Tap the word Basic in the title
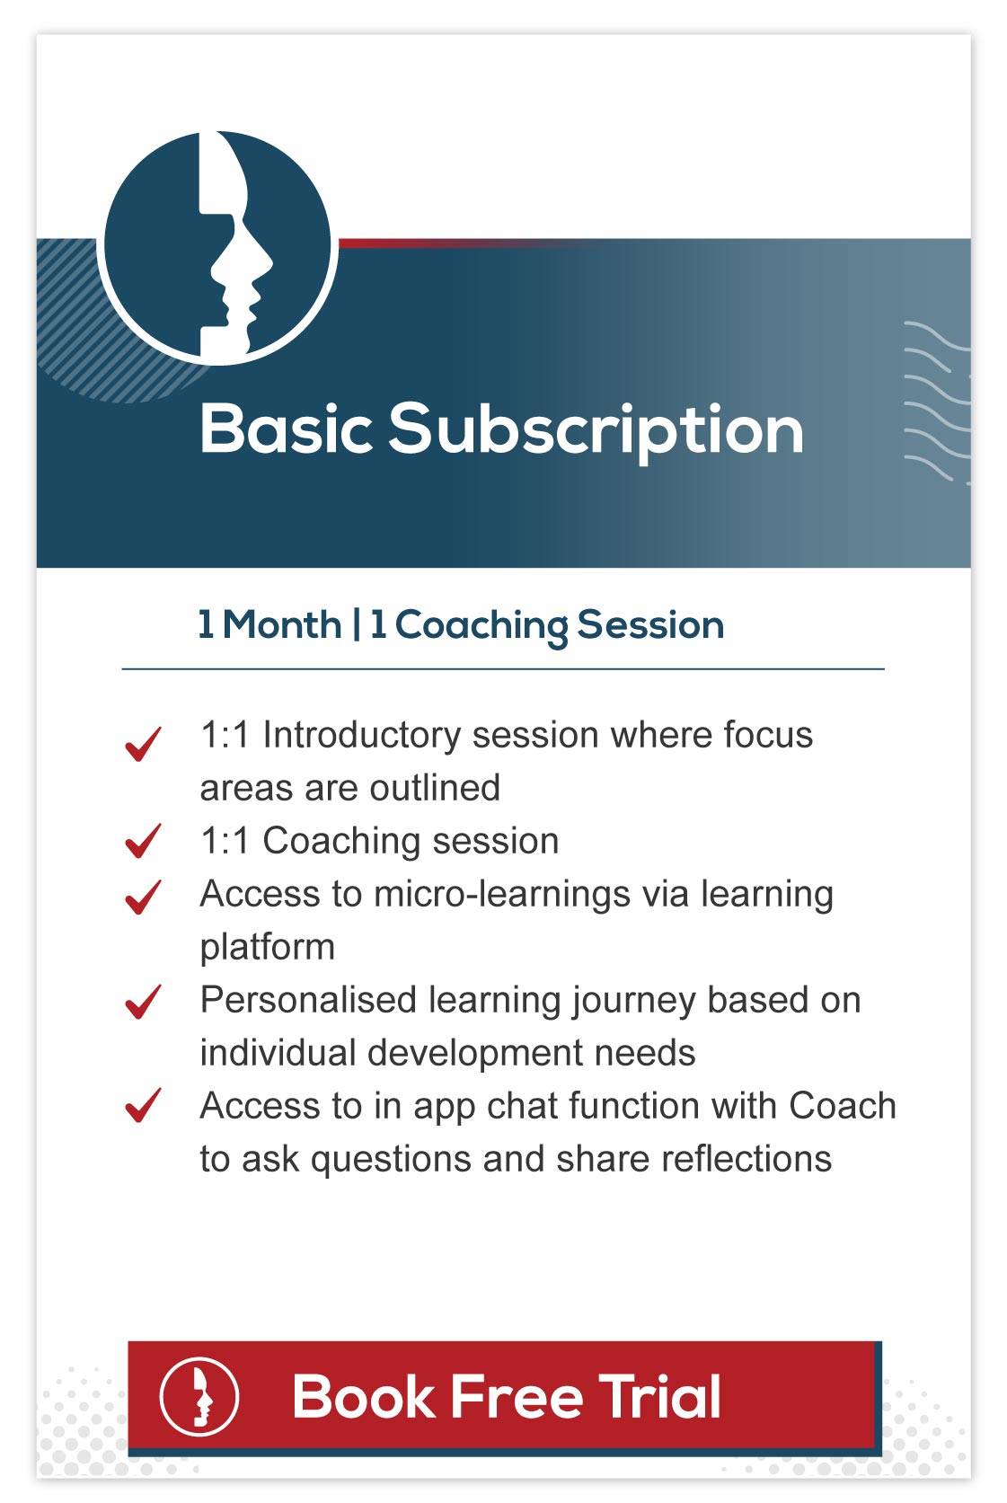click(x=287, y=429)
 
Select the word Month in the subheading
click(x=282, y=624)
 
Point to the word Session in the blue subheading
click(x=650, y=624)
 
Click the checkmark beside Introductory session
click(x=143, y=744)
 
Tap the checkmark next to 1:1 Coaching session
click(x=143, y=841)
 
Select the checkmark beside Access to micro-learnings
click(x=143, y=897)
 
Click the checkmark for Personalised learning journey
click(x=143, y=1002)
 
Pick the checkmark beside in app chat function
click(x=143, y=1105)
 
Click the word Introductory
click(x=362, y=736)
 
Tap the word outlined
click(x=436, y=788)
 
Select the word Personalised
click(x=309, y=1000)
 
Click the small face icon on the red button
click(x=199, y=1396)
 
